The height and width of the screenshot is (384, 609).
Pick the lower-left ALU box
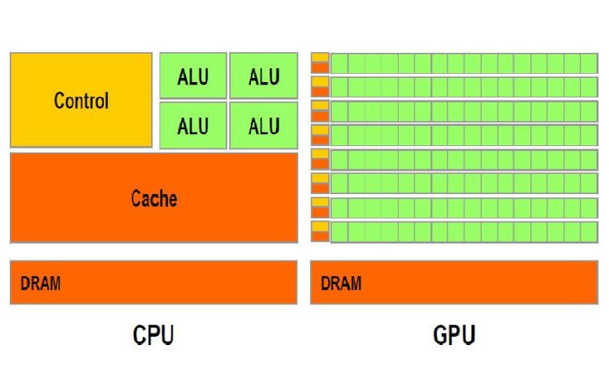tap(193, 126)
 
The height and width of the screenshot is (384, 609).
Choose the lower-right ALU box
tap(263, 126)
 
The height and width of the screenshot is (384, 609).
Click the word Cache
tap(153, 198)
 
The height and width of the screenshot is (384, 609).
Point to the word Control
tap(81, 101)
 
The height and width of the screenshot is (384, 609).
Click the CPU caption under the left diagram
tap(153, 334)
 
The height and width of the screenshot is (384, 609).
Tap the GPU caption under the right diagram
tap(454, 334)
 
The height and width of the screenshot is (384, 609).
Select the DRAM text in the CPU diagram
tap(41, 283)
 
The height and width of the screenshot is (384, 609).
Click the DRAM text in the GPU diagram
tap(341, 283)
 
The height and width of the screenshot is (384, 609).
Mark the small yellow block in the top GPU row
tap(320, 58)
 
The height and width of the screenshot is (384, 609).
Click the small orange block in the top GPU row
tap(320, 67)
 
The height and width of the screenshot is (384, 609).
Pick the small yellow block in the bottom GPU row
tap(320, 226)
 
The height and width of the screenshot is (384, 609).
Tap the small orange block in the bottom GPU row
tap(320, 236)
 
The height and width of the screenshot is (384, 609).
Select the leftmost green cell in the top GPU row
tap(339, 63)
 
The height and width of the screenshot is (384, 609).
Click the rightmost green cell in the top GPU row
tap(589, 63)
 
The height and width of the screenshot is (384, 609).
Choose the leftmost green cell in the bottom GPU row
tap(339, 231)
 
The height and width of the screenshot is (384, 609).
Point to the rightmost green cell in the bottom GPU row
tap(589, 231)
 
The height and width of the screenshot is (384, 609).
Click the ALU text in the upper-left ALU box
tap(193, 76)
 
